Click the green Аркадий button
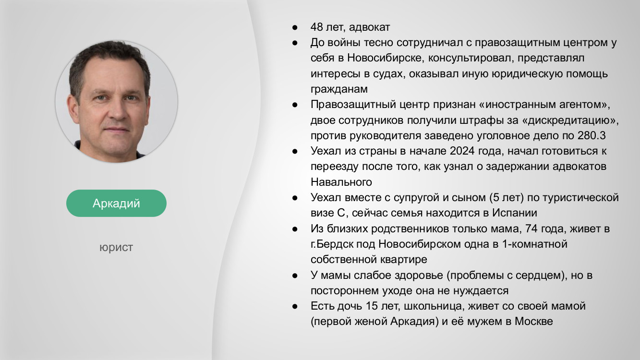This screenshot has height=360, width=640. point(116,203)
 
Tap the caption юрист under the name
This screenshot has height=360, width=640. point(116,248)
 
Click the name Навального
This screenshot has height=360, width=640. point(341,182)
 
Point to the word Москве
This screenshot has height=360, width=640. point(533,321)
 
